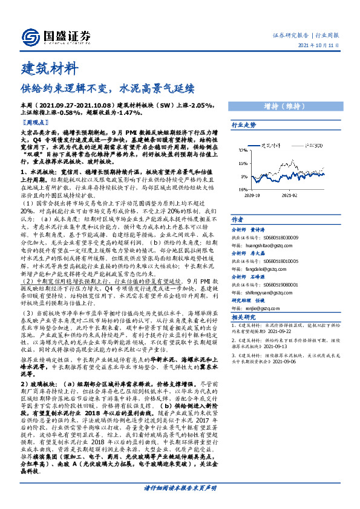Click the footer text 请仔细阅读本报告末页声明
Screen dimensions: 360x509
(x=180, y=487)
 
